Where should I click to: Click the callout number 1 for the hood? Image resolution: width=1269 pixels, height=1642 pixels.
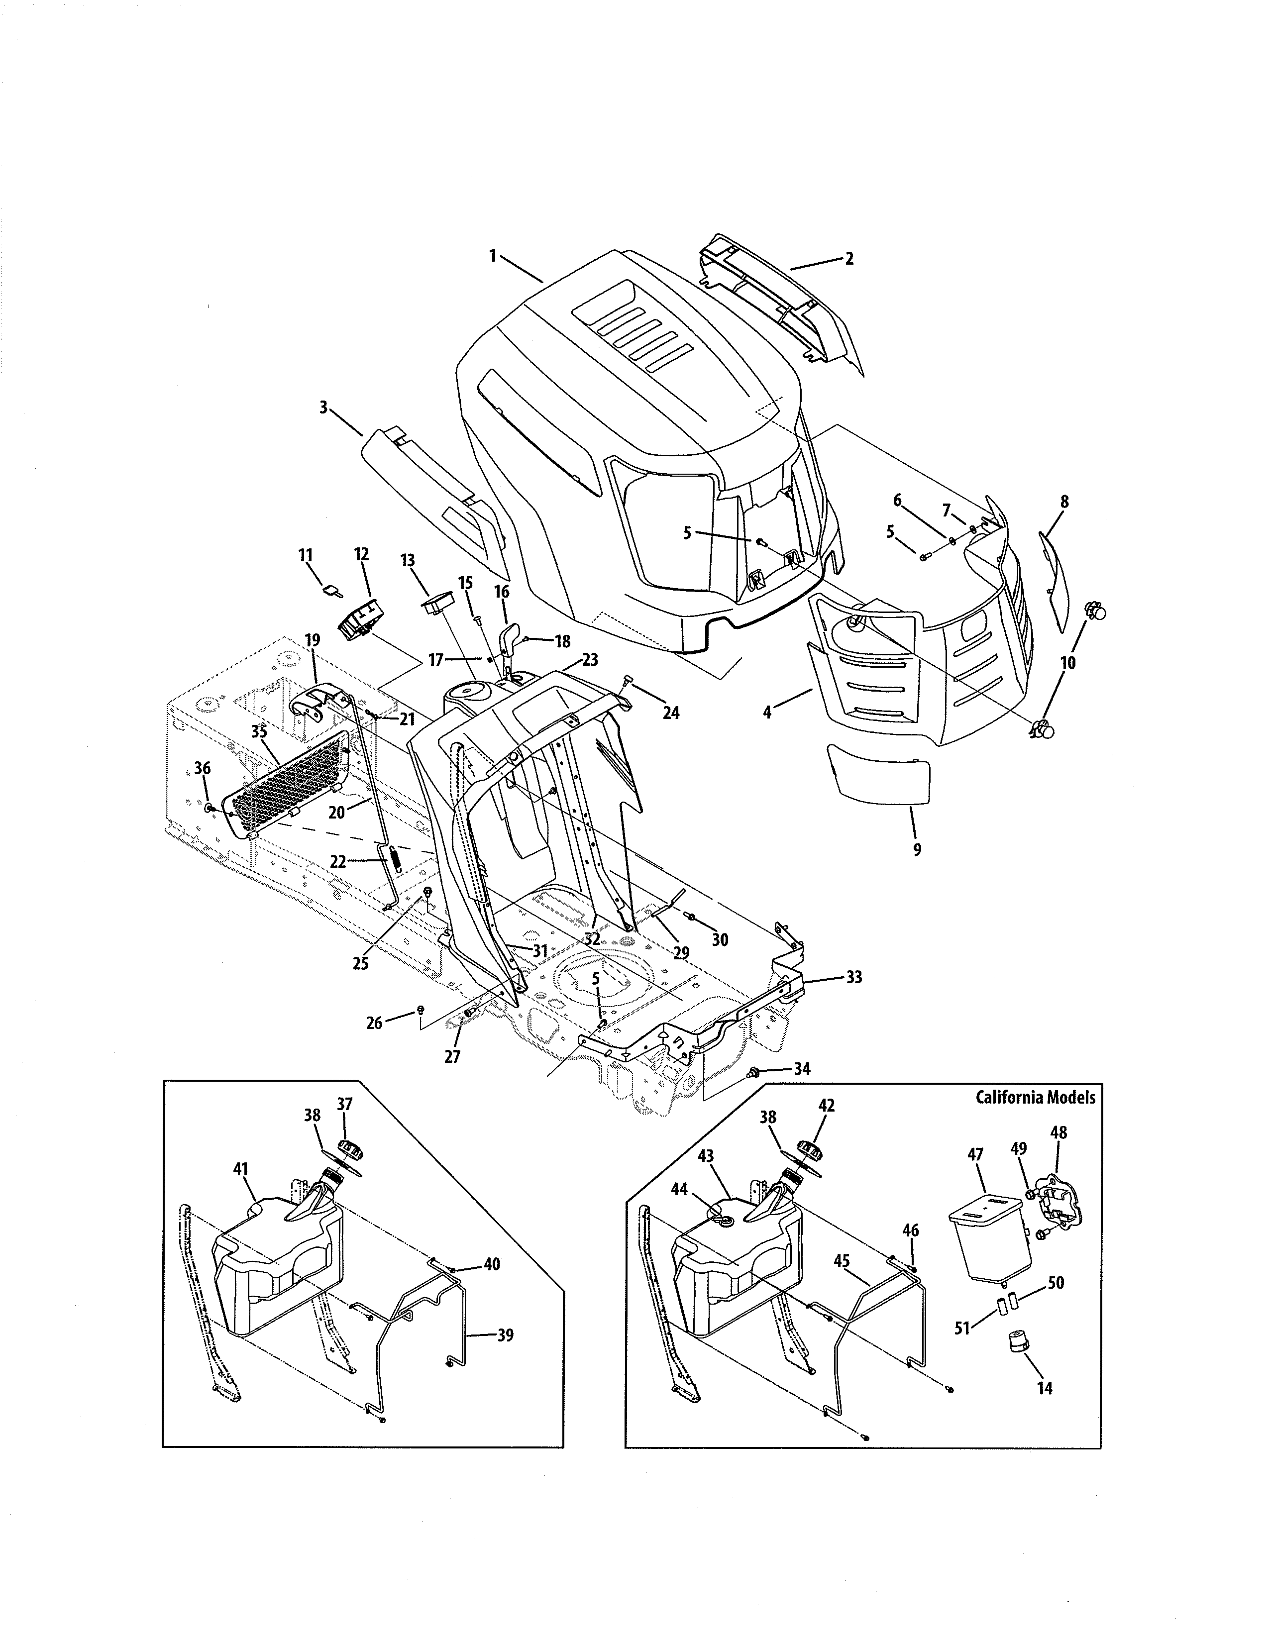click(x=492, y=256)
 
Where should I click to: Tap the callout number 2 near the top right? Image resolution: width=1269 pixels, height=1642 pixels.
click(x=849, y=259)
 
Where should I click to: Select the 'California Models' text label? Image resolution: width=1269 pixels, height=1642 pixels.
click(x=1035, y=1097)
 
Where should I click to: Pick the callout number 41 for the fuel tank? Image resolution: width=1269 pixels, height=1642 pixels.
click(x=240, y=1169)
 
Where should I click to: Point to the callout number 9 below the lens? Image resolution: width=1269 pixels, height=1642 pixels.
click(x=916, y=850)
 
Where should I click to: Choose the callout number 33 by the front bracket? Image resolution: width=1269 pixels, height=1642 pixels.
click(x=854, y=977)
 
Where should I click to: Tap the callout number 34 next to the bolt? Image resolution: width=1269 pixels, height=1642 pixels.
click(x=802, y=1068)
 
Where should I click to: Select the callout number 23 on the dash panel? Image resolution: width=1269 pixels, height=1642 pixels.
click(x=590, y=661)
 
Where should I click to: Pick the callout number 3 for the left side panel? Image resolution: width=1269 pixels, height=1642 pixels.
click(x=323, y=408)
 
